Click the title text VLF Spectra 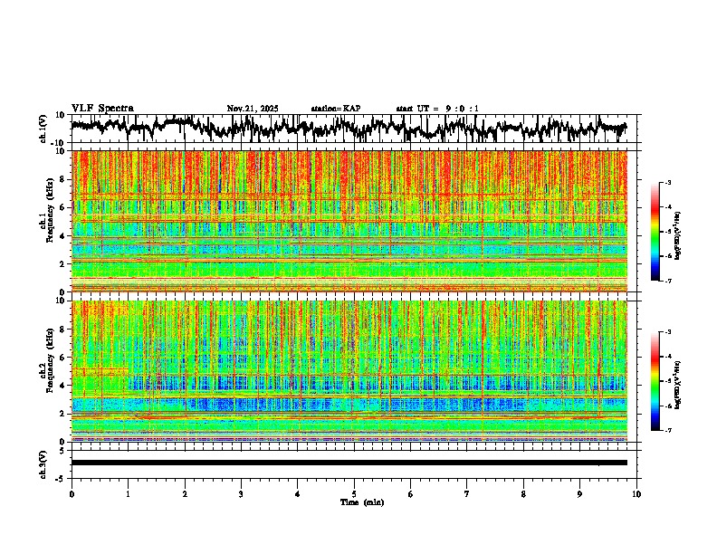[x=102, y=109]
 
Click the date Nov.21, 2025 [x=253, y=109]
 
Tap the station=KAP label [x=335, y=109]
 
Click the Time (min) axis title [x=361, y=502]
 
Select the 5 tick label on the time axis [x=354, y=494]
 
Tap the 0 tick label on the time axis [x=72, y=494]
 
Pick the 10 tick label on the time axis [x=636, y=494]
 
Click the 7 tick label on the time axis [x=467, y=494]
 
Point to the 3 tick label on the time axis [x=241, y=494]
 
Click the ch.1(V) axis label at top [x=43, y=129]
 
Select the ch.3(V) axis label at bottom [x=43, y=463]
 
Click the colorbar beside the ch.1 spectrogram [x=656, y=232]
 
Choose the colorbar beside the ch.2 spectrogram [x=656, y=381]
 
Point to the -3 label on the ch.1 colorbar [x=667, y=183]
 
